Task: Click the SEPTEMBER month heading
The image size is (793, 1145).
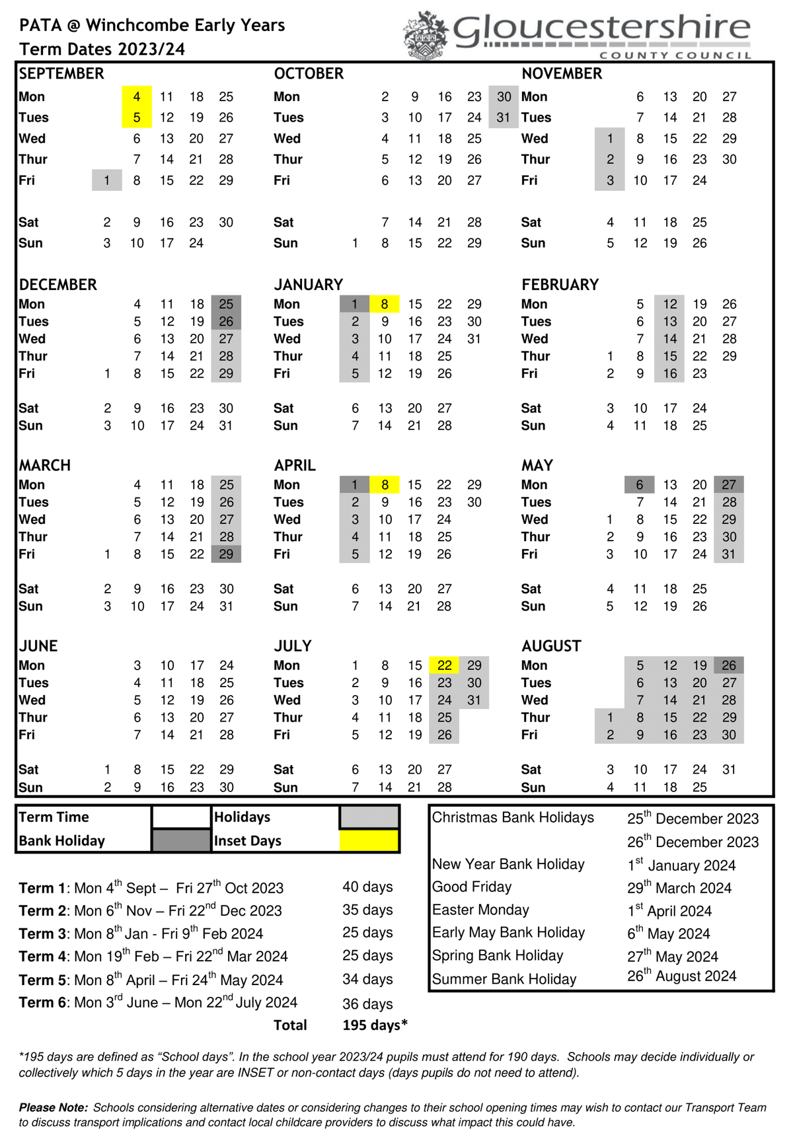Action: click(61, 73)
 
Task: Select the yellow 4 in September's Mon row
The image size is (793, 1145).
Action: click(137, 97)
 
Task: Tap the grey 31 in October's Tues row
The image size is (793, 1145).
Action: click(504, 118)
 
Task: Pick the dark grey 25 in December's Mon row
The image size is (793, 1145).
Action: click(226, 305)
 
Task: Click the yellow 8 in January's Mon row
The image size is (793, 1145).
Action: click(385, 305)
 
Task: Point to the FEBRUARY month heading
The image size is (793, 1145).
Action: click(560, 285)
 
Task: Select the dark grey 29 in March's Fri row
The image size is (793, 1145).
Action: click(226, 554)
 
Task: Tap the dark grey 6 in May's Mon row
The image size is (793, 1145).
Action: click(639, 485)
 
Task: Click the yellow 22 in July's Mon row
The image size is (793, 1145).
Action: click(445, 665)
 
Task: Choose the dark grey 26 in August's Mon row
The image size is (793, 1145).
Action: click(728, 665)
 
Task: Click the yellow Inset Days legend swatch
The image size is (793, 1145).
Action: click(369, 840)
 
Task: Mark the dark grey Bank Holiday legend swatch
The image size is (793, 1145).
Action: click(181, 840)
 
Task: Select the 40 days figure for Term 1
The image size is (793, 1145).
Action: click(367, 887)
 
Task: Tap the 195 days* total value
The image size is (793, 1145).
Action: click(375, 1025)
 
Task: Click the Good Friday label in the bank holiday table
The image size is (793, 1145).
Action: click(472, 887)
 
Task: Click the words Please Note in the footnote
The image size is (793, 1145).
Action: click(53, 1107)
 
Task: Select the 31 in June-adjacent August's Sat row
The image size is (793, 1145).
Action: click(728, 770)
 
